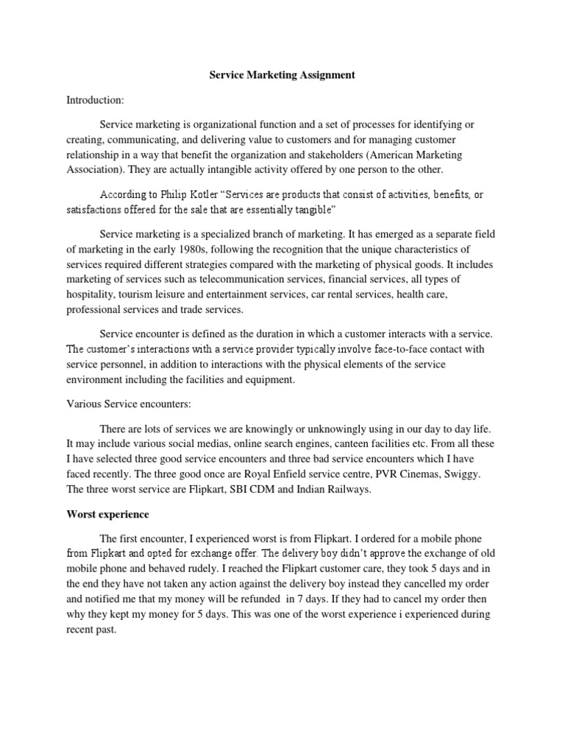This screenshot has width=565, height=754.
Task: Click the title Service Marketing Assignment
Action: click(x=282, y=75)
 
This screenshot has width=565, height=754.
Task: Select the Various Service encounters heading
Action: click(x=125, y=404)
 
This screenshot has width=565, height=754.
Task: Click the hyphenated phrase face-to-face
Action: click(x=347, y=349)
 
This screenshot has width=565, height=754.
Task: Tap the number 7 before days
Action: click(x=291, y=599)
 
